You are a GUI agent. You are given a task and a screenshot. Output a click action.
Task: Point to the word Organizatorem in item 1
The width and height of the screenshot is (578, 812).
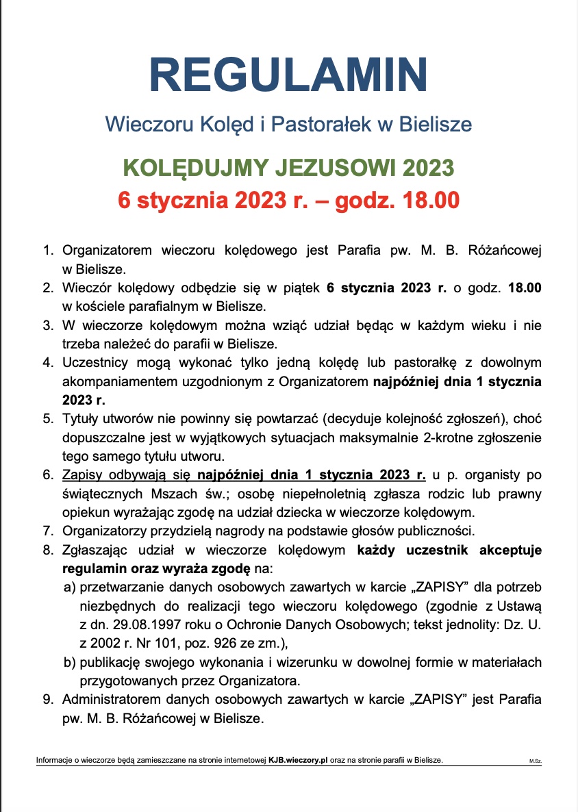pos(106,251)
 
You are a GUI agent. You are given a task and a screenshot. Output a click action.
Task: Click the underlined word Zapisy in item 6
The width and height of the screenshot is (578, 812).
pos(80,474)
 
